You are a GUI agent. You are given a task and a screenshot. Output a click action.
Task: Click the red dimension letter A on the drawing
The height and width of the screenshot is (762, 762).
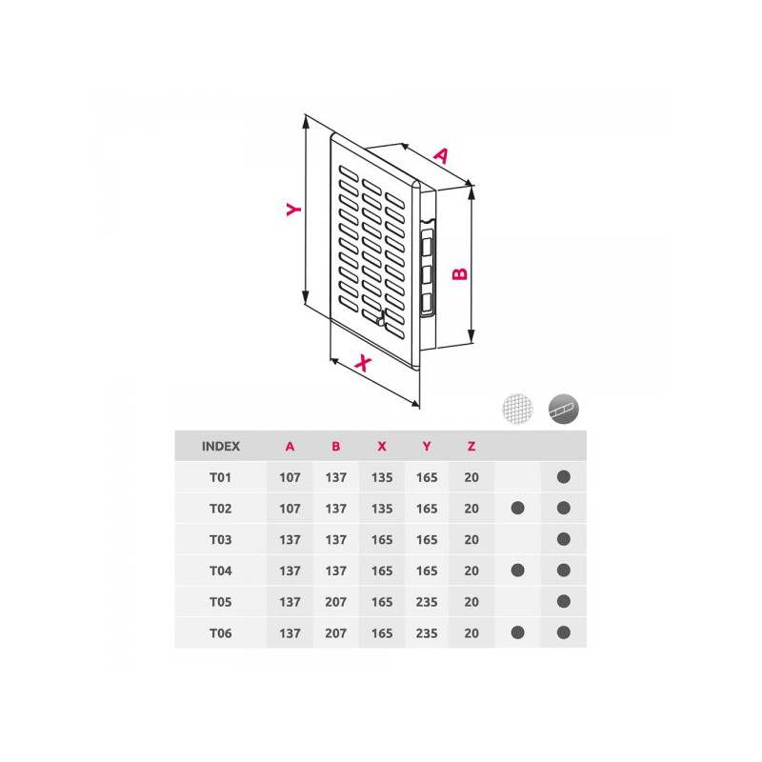(x=440, y=154)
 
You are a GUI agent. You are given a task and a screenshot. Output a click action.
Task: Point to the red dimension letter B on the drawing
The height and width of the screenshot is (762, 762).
(x=459, y=272)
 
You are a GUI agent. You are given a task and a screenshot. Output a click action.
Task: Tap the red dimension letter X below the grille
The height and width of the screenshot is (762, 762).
(x=362, y=363)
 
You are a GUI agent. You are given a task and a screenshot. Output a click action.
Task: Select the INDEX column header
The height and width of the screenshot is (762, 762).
(x=221, y=446)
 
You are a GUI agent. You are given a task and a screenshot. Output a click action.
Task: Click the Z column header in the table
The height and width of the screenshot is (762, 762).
(x=471, y=446)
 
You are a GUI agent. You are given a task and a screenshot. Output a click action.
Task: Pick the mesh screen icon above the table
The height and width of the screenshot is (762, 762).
(x=517, y=408)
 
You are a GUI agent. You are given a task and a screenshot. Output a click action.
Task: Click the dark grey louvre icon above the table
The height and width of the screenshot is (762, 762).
(x=563, y=408)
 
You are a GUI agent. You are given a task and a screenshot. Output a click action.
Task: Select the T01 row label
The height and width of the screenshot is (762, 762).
(x=221, y=477)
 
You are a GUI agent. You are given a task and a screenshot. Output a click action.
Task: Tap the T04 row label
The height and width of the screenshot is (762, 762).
(x=221, y=571)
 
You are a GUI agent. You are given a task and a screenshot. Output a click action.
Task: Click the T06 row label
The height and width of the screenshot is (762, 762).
(x=221, y=632)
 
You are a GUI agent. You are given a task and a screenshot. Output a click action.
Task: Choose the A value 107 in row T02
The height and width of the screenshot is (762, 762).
(x=291, y=509)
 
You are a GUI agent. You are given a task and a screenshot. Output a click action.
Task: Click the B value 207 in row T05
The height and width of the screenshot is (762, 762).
(x=336, y=602)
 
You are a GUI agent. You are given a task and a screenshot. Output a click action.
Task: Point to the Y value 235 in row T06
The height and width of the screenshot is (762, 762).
(x=427, y=632)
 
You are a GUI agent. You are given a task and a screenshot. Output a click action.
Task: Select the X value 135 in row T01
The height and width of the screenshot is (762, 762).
(x=381, y=477)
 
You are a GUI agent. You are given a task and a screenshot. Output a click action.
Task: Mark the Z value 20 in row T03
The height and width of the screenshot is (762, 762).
(x=471, y=539)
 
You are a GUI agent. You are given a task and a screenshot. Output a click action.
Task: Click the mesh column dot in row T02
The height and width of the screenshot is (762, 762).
(x=517, y=509)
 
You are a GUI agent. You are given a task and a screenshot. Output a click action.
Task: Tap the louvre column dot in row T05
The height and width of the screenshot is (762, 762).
(x=563, y=602)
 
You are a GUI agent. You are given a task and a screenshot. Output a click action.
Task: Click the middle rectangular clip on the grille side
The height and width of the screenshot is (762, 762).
(x=427, y=274)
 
